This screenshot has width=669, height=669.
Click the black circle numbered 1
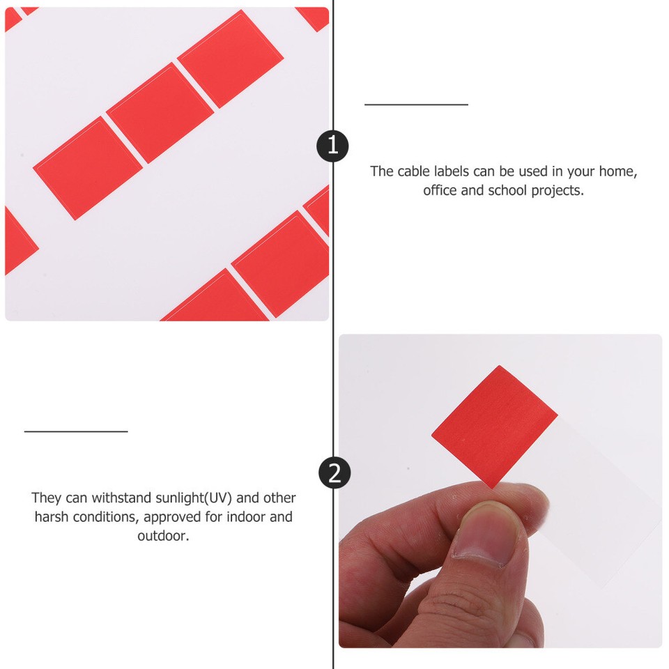(x=332, y=146)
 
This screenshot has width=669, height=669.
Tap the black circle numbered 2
(x=334, y=473)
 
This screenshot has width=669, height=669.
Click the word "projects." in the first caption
(x=558, y=190)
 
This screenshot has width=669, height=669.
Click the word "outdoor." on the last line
(x=163, y=536)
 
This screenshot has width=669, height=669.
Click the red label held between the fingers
(x=494, y=426)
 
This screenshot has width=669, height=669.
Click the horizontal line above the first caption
(x=416, y=105)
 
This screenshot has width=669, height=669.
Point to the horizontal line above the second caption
(x=76, y=431)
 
